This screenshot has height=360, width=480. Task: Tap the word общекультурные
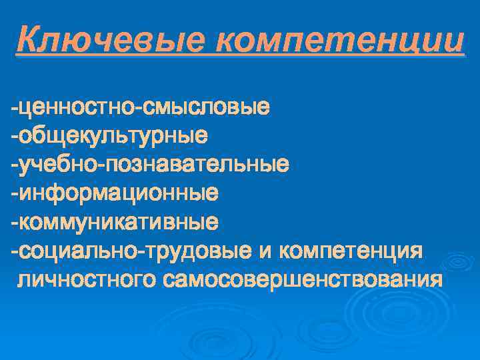tap(113, 135)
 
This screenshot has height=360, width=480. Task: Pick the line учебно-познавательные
tap(150, 164)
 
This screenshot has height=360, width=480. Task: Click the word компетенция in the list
tap(351, 251)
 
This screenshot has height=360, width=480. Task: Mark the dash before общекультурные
tap(13, 136)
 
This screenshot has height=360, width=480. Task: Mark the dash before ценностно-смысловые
tap(13, 107)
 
